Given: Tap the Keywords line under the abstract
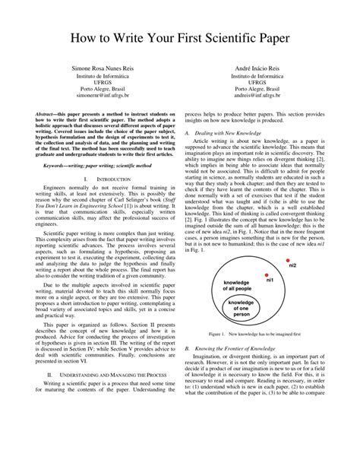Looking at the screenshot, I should tap(93, 164).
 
